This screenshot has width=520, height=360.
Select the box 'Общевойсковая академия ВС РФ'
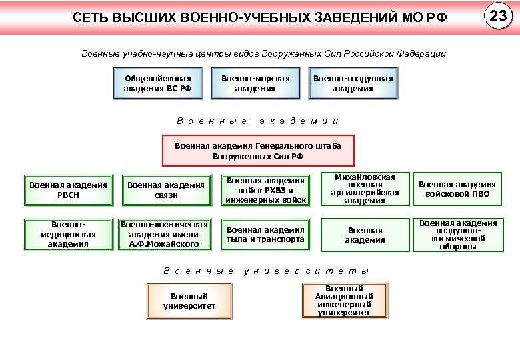coord(158,83)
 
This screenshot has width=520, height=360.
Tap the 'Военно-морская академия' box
coord(255,83)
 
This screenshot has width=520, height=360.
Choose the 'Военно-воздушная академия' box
coord(353,83)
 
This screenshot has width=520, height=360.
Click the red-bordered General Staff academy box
coord(258,151)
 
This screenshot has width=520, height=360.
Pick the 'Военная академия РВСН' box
coord(68,190)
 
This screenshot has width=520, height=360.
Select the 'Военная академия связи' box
coord(166,190)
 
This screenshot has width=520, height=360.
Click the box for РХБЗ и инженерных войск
coord(265,190)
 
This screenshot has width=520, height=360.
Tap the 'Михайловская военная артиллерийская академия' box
coord(365,189)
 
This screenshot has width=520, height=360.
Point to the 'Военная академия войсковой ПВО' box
coord(457,190)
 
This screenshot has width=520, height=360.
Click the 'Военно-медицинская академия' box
coord(68,235)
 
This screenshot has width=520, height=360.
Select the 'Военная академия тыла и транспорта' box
coord(265,235)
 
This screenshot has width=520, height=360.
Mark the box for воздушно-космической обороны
coord(457,235)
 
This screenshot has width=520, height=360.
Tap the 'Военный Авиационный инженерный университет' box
coord(344,301)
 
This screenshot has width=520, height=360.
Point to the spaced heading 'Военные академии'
coord(258,121)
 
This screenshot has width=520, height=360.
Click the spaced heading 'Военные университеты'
coord(266,271)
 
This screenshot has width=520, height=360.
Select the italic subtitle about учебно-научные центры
coord(263,53)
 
